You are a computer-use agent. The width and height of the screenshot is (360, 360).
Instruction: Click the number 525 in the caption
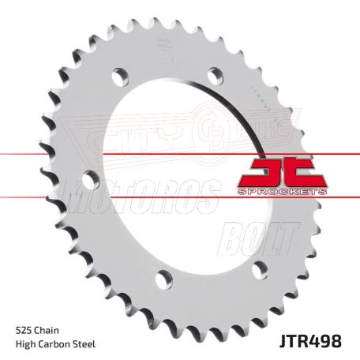(x=25, y=307)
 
